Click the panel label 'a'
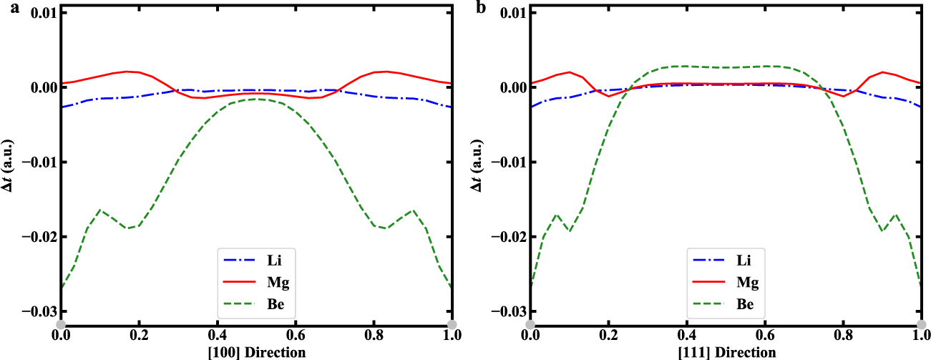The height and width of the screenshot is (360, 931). (4, 7)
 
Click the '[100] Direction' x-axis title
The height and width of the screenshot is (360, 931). (257, 352)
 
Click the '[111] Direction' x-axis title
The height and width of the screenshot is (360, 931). (726, 352)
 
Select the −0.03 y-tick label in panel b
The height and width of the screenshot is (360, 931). (504, 311)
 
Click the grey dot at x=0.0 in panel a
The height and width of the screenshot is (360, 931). (62, 325)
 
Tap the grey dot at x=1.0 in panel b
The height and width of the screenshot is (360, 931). (921, 325)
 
